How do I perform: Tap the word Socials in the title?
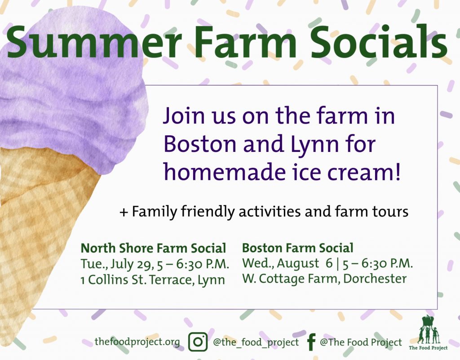pyautogui.click(x=379, y=41)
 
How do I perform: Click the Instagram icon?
pyautogui.click(x=198, y=342)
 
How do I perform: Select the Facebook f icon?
pyautogui.click(x=311, y=342)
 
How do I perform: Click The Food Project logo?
pyautogui.click(x=428, y=333)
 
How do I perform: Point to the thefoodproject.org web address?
pyautogui.click(x=137, y=342)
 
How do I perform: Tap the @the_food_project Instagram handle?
pyautogui.click(x=256, y=342)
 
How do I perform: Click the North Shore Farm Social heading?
pyautogui.click(x=153, y=248)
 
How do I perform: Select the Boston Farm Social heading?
pyautogui.click(x=297, y=248)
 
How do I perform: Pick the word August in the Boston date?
pyautogui.click(x=298, y=264)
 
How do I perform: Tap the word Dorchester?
pyautogui.click(x=375, y=279)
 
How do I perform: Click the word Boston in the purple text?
pyautogui.click(x=200, y=144)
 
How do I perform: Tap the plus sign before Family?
pyautogui.click(x=124, y=212)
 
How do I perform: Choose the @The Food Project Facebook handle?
pyautogui.click(x=361, y=342)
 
